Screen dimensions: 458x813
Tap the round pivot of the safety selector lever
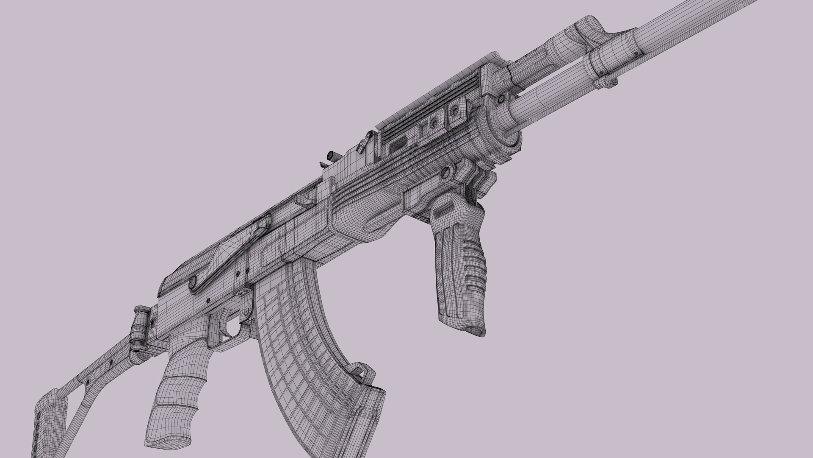(x=193, y=281)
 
